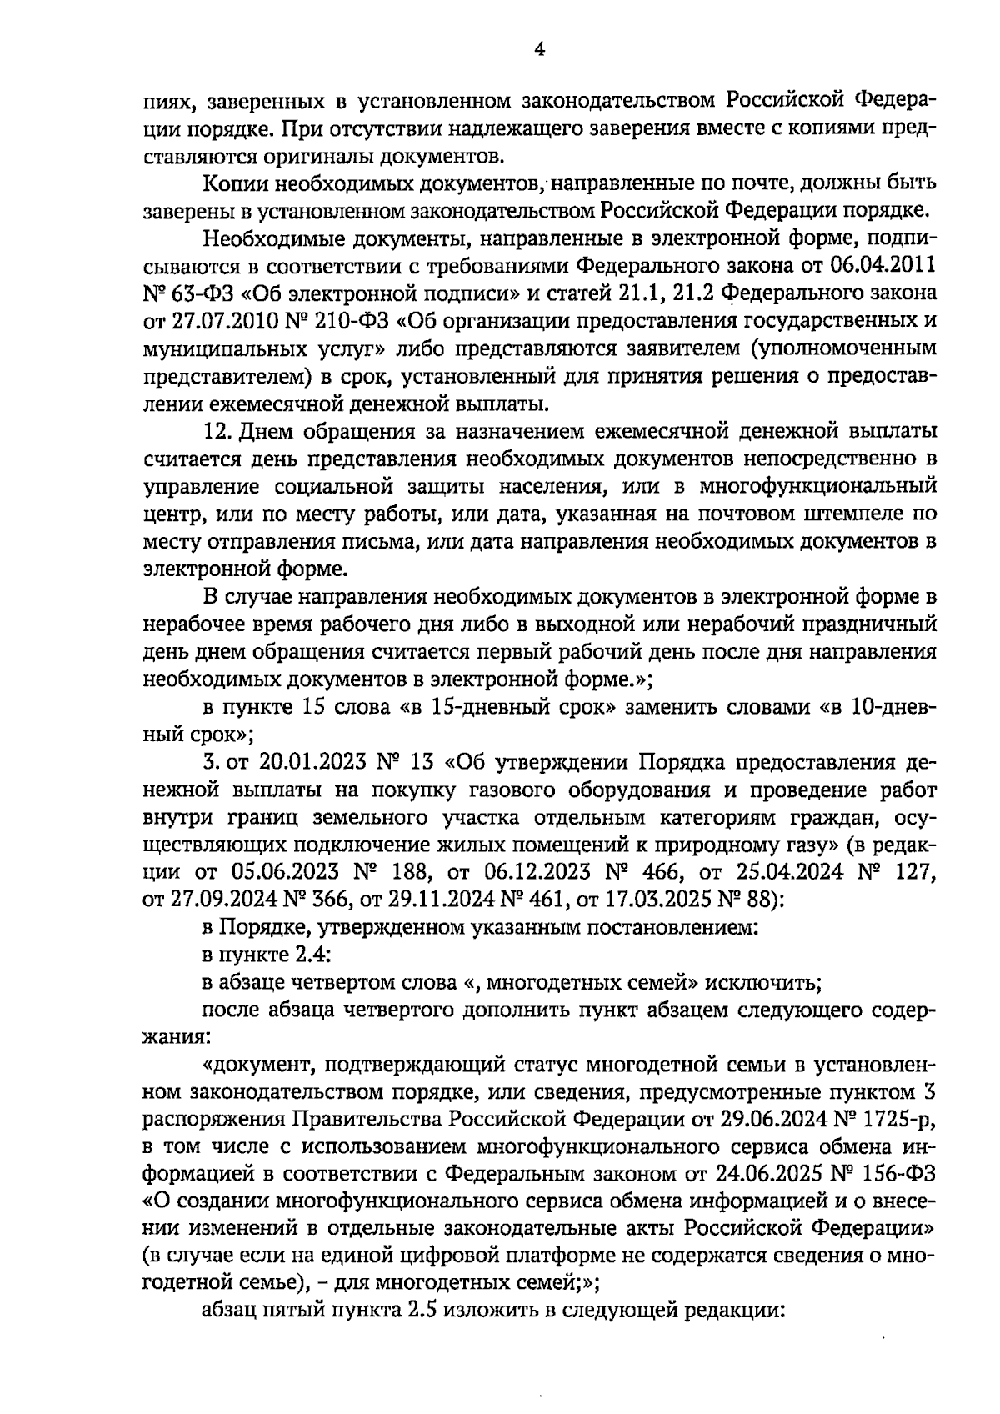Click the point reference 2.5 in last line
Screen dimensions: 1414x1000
[x=422, y=1309]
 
